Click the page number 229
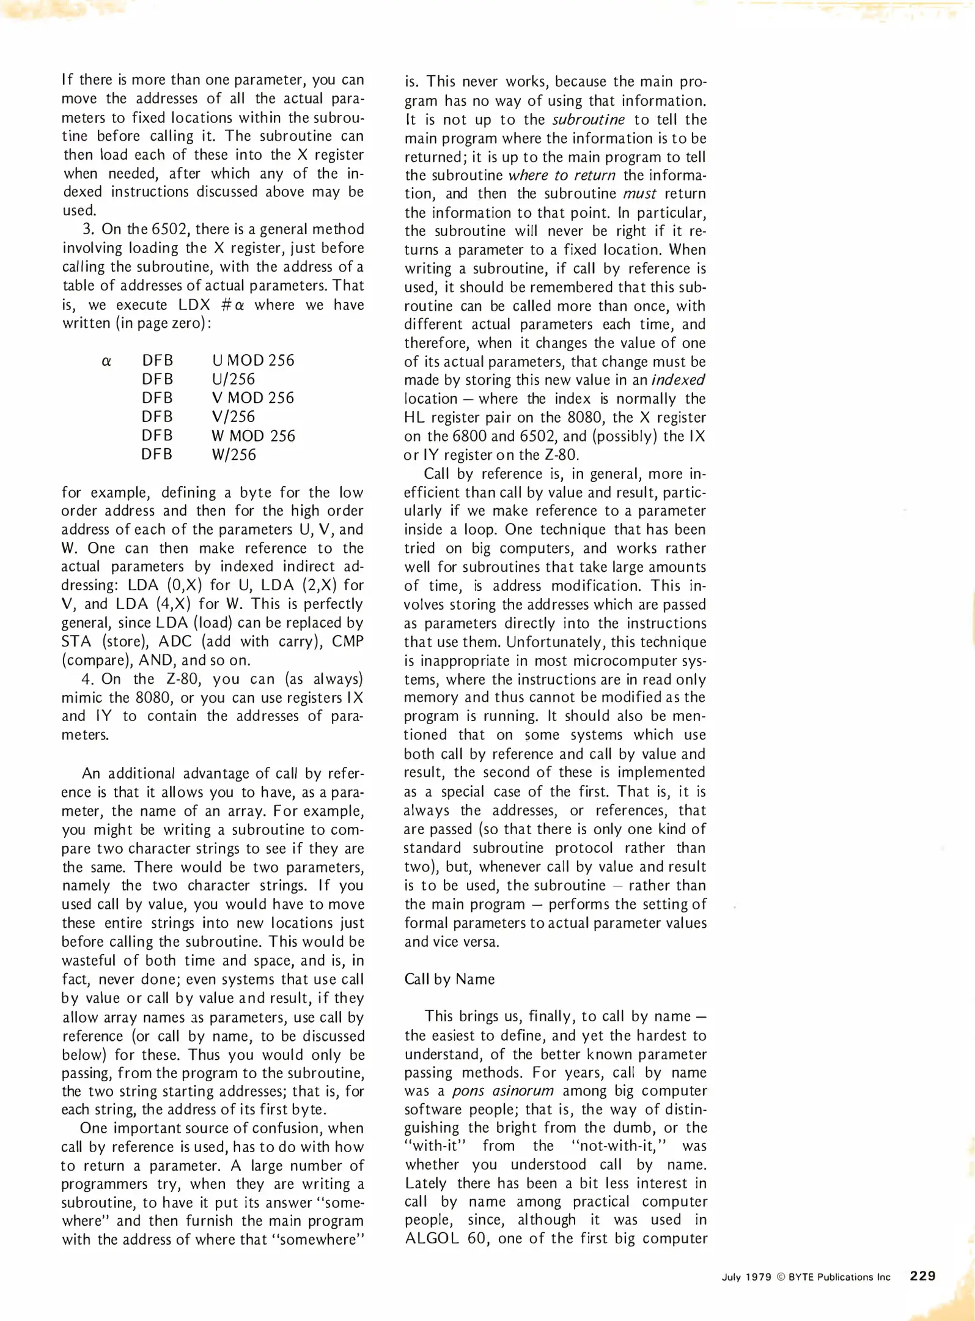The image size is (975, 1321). [x=922, y=1276]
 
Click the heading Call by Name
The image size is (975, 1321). [x=449, y=979]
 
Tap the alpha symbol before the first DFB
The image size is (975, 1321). [x=106, y=361]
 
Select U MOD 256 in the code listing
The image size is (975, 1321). [x=253, y=360]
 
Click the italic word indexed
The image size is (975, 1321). [x=678, y=380]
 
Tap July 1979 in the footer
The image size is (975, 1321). [x=746, y=1277]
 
